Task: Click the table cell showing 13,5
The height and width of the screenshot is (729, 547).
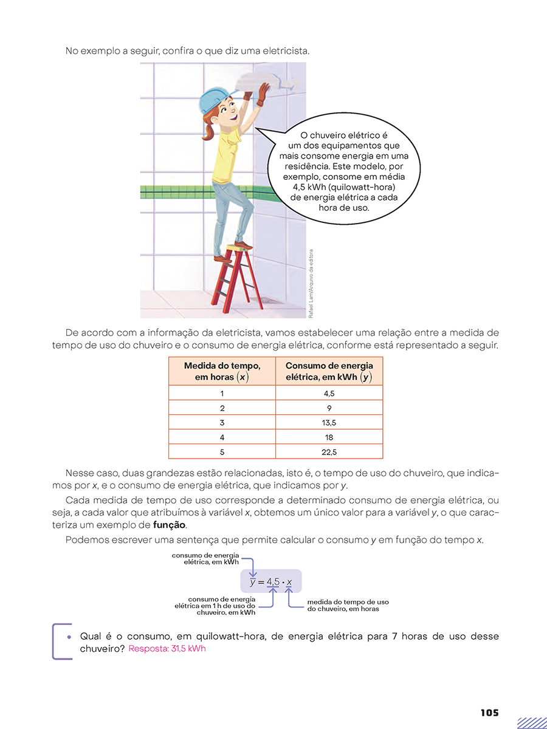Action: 329,422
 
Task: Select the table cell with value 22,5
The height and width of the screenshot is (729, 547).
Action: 329,452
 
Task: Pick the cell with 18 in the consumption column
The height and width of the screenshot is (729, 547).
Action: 329,437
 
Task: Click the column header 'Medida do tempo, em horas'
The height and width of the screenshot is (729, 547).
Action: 222,371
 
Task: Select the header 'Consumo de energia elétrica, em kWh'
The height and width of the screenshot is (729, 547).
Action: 329,371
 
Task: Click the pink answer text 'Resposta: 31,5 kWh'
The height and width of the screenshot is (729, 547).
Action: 167,649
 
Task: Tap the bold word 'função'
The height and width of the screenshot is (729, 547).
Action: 169,525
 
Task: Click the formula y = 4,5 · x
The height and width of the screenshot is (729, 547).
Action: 271,582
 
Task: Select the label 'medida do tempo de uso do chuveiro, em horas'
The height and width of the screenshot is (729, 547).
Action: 348,605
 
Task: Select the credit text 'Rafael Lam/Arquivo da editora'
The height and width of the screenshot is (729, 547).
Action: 311,284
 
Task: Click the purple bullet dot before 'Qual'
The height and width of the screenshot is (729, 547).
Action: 69,637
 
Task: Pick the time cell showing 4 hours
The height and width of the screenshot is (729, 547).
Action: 222,437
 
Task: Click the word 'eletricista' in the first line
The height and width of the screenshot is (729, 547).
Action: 285,51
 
